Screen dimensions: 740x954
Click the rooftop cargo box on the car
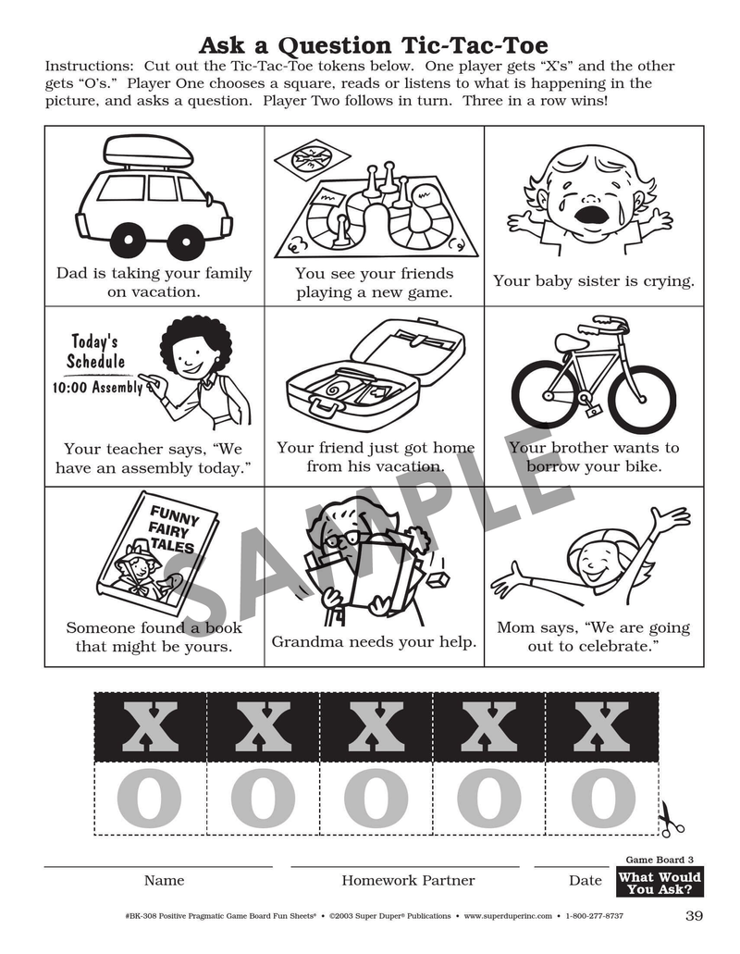[x=148, y=151]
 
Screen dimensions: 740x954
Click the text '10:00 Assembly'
[x=97, y=387]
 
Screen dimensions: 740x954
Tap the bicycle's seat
[x=573, y=342]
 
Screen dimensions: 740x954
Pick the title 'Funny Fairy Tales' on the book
[x=173, y=529]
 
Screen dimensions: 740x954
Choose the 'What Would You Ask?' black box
[x=660, y=883]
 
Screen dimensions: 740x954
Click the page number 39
[x=694, y=916]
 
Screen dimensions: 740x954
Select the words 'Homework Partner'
[x=408, y=880]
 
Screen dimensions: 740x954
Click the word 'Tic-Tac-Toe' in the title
[x=475, y=45]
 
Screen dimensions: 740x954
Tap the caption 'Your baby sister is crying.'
[x=594, y=281]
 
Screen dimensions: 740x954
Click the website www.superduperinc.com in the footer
[x=508, y=916]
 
